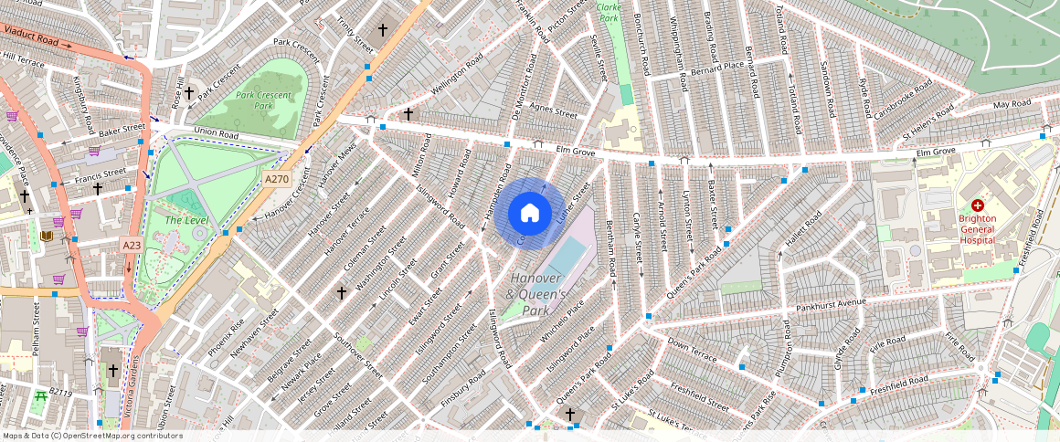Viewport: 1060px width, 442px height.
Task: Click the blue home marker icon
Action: [x=529, y=214]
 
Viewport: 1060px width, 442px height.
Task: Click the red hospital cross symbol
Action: [x=977, y=206]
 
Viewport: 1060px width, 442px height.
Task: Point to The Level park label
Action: [x=187, y=220]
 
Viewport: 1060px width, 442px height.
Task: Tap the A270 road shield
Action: [x=277, y=180]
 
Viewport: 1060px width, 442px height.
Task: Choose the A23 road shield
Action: [x=132, y=245]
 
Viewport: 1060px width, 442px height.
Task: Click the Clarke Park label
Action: [x=608, y=12]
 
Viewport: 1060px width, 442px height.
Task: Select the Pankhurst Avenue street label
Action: [x=830, y=302]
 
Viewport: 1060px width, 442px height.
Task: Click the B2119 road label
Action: [x=60, y=392]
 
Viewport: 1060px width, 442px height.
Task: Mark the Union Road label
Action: [x=216, y=134]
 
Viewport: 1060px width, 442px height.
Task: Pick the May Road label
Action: [x=1012, y=104]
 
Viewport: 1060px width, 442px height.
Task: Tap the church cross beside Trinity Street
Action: [x=383, y=30]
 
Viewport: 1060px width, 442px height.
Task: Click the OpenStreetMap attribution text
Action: [x=92, y=436]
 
